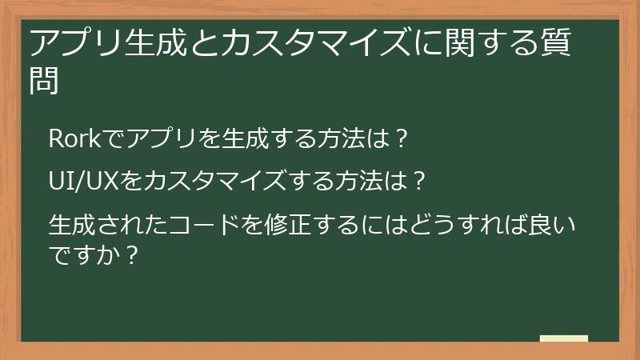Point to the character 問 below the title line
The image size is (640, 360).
pyautogui.click(x=46, y=82)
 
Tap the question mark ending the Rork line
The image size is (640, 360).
pyautogui.click(x=403, y=138)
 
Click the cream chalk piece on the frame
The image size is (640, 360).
pyautogui.click(x=564, y=338)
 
